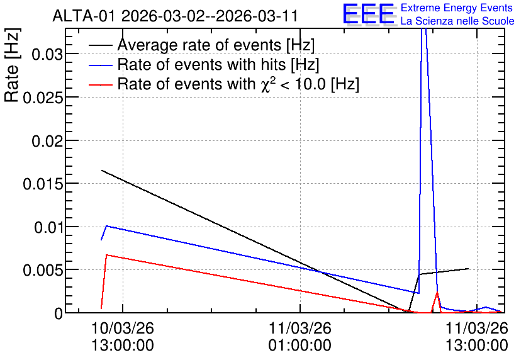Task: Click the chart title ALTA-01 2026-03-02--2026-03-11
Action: point(175,16)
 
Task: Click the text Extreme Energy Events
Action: point(457,8)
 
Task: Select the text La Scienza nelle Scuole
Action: point(457,21)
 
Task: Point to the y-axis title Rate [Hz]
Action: point(12,65)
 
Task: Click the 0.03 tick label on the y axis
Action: point(47,54)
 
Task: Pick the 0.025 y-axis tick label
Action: point(43,98)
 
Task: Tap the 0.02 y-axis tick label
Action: point(47,141)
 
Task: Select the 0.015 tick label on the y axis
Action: point(43,184)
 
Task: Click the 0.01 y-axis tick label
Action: point(48,227)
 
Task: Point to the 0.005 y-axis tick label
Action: point(43,271)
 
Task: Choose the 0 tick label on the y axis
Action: point(59,313)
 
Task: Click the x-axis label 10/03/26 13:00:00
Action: point(123,337)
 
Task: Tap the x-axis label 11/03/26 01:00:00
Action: point(299,337)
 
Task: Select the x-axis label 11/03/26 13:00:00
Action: point(477,337)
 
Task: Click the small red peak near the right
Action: point(437,293)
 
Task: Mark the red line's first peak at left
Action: point(106,255)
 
